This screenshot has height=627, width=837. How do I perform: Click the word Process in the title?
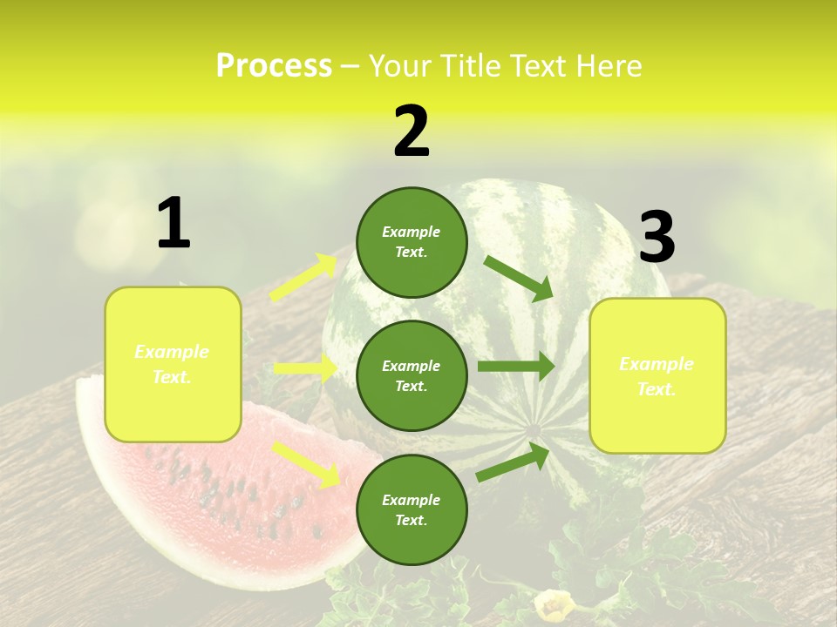click(x=274, y=66)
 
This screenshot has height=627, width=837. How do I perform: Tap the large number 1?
click(x=174, y=224)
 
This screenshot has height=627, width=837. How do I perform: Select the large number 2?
click(x=412, y=131)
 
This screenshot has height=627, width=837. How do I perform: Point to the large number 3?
click(x=657, y=238)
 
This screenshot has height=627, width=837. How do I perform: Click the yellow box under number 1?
click(x=173, y=364)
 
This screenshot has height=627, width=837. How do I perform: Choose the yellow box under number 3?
click(x=657, y=376)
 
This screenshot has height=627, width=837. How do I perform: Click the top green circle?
click(x=412, y=242)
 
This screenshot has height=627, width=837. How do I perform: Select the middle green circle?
click(x=412, y=375)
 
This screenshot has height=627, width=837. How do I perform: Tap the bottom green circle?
click(x=412, y=509)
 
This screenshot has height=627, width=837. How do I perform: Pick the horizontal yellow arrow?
click(x=306, y=368)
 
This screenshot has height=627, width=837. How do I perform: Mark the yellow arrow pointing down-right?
click(x=305, y=463)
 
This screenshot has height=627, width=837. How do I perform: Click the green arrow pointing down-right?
click(x=519, y=278)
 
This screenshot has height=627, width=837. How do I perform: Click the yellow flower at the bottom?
click(x=552, y=606)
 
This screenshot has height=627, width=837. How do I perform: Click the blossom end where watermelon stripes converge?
click(x=534, y=429)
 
